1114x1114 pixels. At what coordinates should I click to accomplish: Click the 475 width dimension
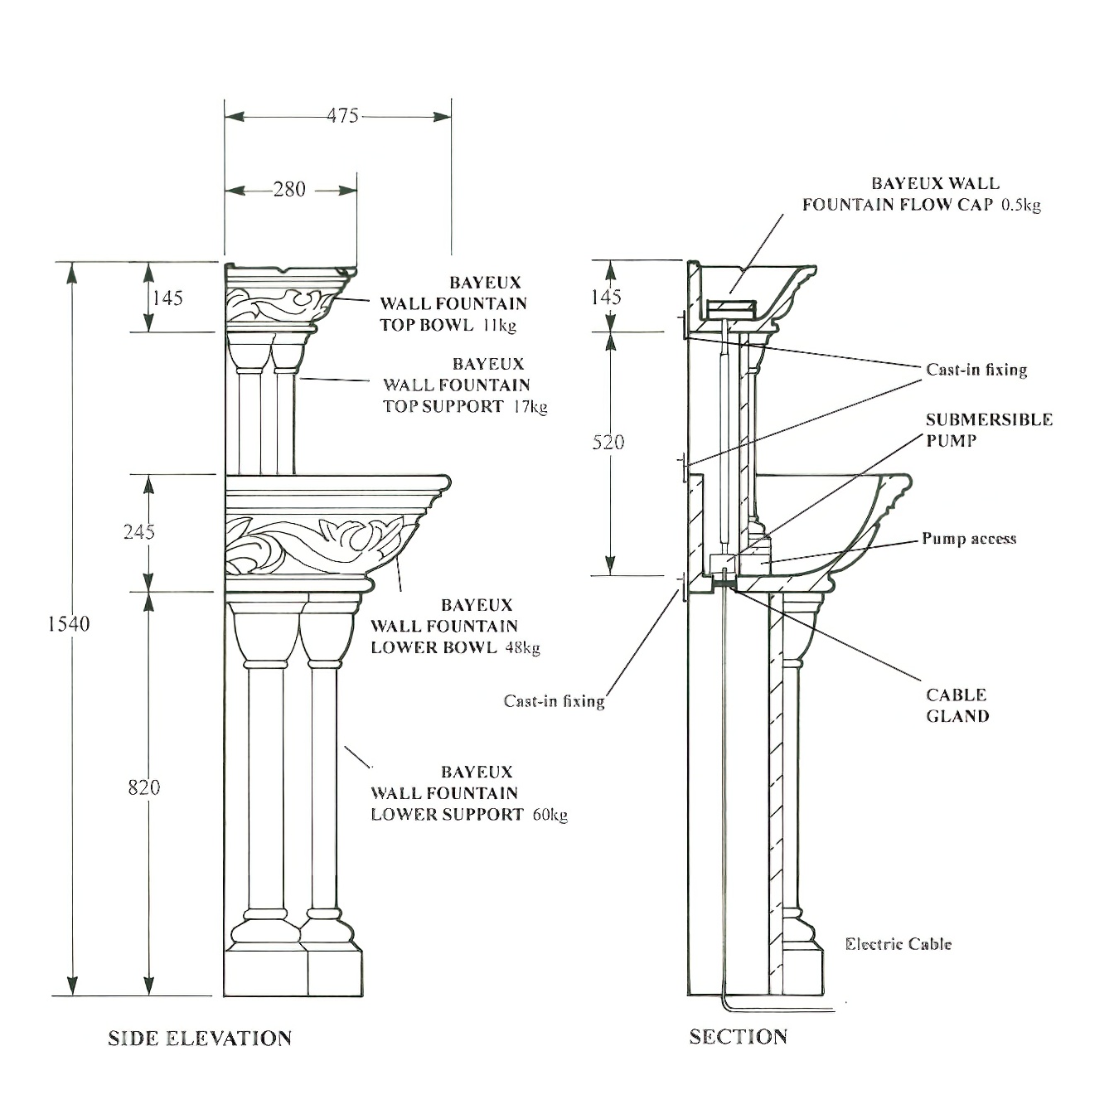tap(341, 115)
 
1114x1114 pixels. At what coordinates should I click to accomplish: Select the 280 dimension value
tap(289, 189)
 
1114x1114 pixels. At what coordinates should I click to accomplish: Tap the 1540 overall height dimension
tap(68, 623)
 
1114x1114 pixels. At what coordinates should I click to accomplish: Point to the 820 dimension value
tap(143, 787)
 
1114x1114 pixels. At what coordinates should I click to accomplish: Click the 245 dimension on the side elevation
tap(138, 530)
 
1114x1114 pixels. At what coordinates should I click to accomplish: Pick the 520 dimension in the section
tap(608, 442)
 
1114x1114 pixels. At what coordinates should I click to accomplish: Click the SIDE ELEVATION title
tap(200, 1038)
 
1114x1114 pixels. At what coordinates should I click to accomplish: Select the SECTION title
tap(738, 1036)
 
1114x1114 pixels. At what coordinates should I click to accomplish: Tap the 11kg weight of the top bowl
tap(499, 325)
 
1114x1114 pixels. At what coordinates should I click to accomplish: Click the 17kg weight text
tap(530, 406)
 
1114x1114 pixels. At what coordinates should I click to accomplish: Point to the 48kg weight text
tap(522, 647)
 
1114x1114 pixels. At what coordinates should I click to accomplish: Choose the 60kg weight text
tap(550, 815)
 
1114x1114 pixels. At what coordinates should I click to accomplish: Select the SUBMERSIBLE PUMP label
tap(988, 429)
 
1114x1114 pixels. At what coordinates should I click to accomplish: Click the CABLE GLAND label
tap(957, 705)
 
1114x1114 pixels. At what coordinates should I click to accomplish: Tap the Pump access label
tap(968, 539)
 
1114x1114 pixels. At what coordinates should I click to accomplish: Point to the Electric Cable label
tap(898, 943)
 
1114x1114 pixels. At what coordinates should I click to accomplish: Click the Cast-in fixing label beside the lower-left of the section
tap(554, 701)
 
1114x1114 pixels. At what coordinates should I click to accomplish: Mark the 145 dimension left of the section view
tap(607, 297)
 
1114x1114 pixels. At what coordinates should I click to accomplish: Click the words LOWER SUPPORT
tap(447, 815)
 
